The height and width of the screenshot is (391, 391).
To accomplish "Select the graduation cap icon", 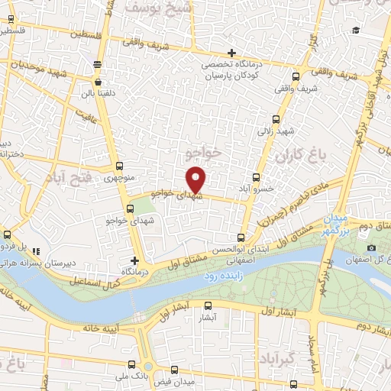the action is (x=356, y=31).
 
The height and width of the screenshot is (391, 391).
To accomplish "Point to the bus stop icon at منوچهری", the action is (x=118, y=166).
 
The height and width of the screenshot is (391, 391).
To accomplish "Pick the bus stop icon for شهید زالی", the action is (x=276, y=119).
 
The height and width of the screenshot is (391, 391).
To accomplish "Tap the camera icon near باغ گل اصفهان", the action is (x=371, y=247).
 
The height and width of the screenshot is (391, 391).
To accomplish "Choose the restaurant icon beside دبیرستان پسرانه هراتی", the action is (x=37, y=250).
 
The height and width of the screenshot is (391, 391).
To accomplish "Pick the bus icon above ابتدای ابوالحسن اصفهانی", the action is (x=241, y=238).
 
